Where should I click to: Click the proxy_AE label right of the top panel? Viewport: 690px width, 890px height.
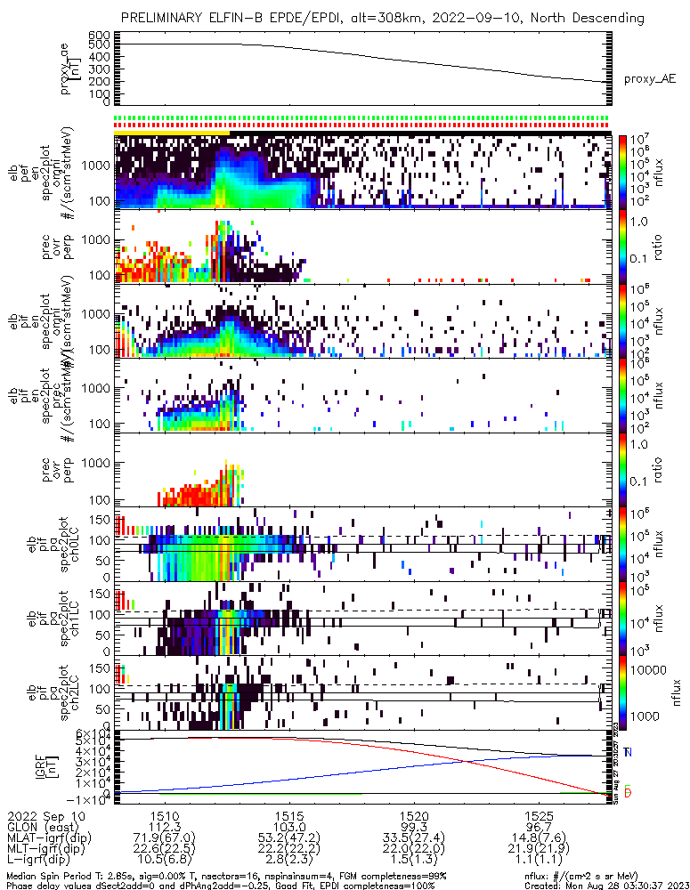(650, 78)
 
